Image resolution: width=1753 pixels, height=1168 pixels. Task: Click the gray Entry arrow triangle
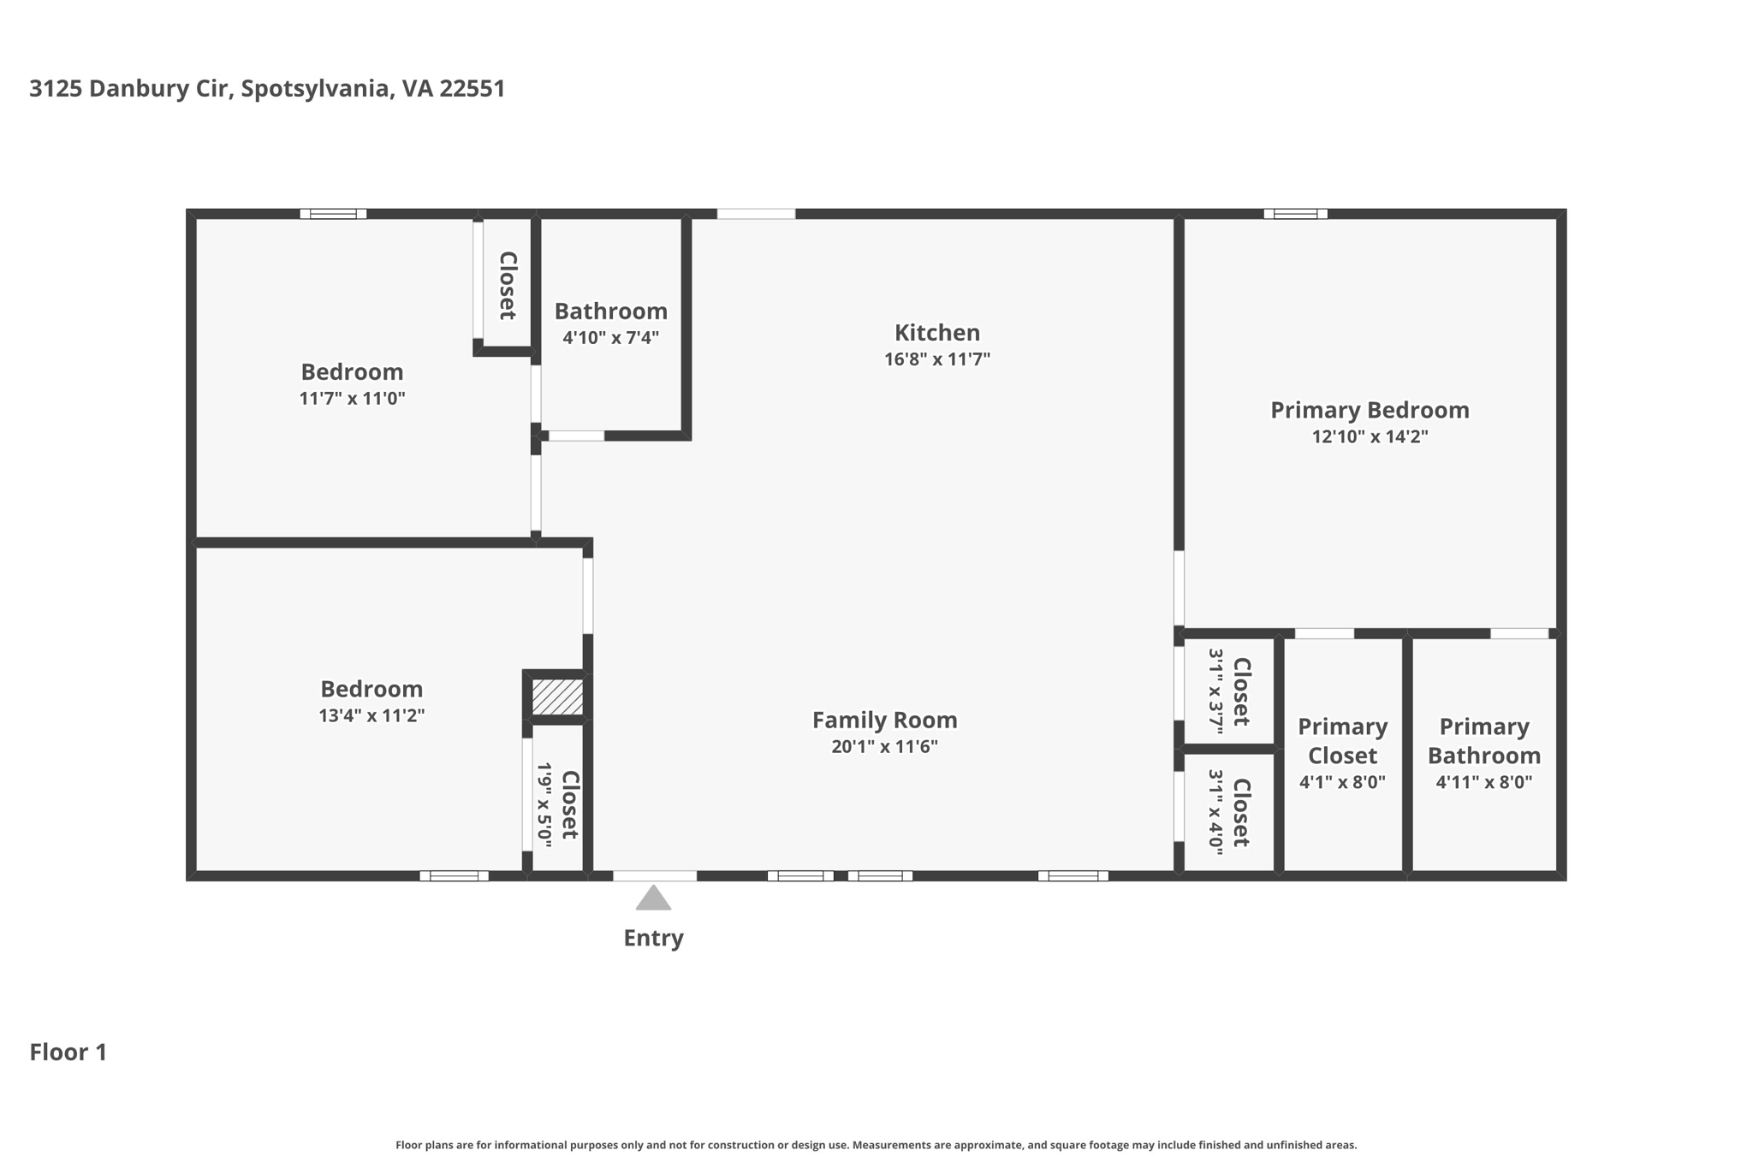coord(653,898)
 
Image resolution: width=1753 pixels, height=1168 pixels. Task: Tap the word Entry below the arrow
coord(653,938)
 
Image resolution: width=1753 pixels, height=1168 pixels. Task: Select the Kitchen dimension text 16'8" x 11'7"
coord(936,359)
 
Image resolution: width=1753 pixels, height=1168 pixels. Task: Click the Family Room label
coord(884,720)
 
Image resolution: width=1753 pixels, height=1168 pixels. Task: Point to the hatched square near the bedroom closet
coord(557,697)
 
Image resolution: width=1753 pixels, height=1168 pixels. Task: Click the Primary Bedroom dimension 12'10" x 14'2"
coord(1370,436)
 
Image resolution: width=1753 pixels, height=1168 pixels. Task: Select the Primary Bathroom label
coord(1483,741)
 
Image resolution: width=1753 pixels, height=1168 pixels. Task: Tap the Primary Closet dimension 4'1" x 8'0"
coord(1341,782)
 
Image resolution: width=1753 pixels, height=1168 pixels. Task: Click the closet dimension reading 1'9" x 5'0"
coord(544,804)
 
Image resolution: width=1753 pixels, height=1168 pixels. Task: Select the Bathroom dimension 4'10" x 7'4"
coord(610,338)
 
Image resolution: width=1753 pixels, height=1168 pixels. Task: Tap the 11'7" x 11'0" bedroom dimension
coord(352,399)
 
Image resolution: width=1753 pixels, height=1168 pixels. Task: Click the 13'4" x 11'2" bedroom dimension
coord(371,716)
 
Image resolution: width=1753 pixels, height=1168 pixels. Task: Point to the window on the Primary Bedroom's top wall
coord(1295,214)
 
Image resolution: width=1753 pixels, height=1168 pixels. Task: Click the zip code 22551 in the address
coord(472,89)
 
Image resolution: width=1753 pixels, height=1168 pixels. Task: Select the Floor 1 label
coord(68,1052)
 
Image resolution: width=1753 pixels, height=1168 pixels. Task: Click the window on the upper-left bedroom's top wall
coord(333,214)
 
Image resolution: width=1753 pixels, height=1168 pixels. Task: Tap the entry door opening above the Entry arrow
coord(655,875)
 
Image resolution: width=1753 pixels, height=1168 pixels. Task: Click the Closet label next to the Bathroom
coord(507,285)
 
